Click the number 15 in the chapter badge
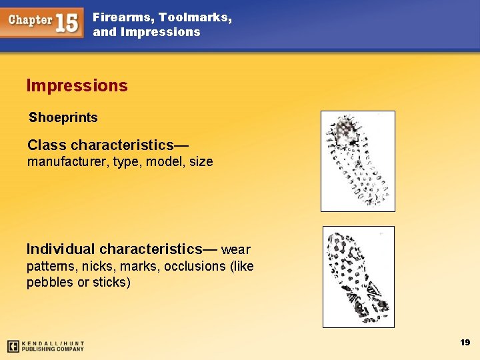click(x=67, y=22)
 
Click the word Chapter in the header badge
click(x=31, y=20)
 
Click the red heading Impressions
click(x=77, y=86)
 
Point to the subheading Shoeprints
click(x=63, y=118)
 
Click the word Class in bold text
click(x=47, y=145)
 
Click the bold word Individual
click(x=59, y=249)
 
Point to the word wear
click(x=236, y=250)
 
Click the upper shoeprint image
click(x=358, y=161)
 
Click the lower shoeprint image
click(x=359, y=277)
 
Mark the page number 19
click(x=465, y=343)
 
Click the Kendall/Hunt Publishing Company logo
click(x=46, y=346)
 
